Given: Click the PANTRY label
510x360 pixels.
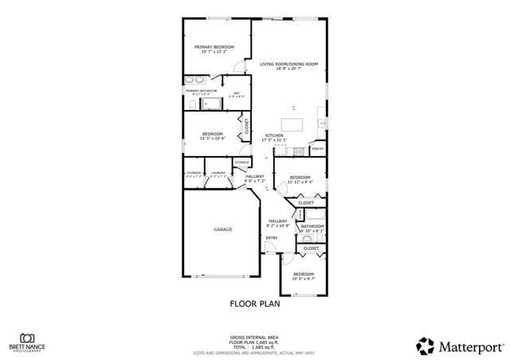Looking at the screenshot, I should coord(317,148).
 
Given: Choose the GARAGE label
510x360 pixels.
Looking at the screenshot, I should coord(222,229).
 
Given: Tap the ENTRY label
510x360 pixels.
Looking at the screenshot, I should coord(272,237).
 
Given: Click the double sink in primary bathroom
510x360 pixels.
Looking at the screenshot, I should coord(195,80).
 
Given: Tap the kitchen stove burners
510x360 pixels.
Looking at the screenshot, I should coord(299,151).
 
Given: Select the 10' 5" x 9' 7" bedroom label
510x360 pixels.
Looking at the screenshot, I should coord(303,276).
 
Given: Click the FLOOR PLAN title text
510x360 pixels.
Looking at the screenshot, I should coord(253,303).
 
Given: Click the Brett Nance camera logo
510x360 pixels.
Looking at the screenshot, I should coord(27,338).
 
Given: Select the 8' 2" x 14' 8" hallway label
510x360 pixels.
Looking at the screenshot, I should coord(277,222).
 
